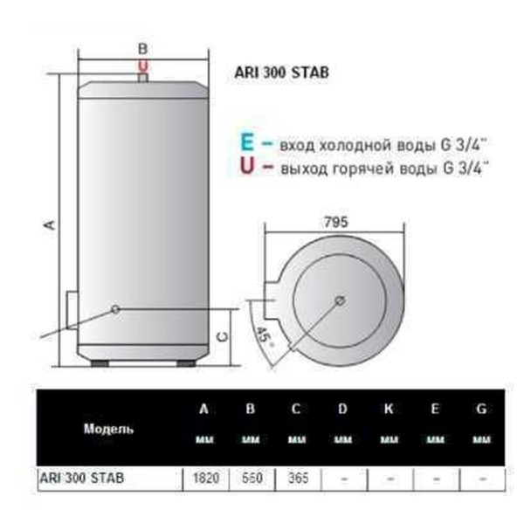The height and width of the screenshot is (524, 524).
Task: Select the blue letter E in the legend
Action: [x=245, y=141]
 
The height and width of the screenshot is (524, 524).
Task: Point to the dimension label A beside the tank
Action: [x=50, y=224]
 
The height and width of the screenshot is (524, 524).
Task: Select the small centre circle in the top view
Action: [x=339, y=300]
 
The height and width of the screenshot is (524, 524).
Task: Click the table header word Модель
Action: [x=108, y=430]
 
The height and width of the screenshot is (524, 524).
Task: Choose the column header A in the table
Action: [x=203, y=410]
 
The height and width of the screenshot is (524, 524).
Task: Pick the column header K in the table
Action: [x=389, y=410]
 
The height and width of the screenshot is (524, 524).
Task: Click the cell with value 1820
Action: [x=204, y=479]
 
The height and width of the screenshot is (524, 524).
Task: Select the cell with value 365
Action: [x=297, y=479]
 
